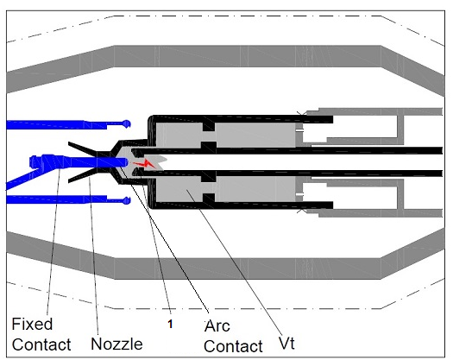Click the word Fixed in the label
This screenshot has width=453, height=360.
click(32, 324)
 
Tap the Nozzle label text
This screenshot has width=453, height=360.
click(116, 344)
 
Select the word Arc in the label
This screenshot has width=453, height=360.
click(217, 325)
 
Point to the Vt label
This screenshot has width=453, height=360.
click(286, 343)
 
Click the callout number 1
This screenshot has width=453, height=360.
click(170, 324)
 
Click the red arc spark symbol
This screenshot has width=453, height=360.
click(144, 164)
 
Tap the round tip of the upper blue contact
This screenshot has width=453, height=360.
click(127, 123)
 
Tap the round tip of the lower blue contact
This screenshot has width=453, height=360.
click(127, 200)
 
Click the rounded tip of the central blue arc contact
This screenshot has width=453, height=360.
click(124, 162)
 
